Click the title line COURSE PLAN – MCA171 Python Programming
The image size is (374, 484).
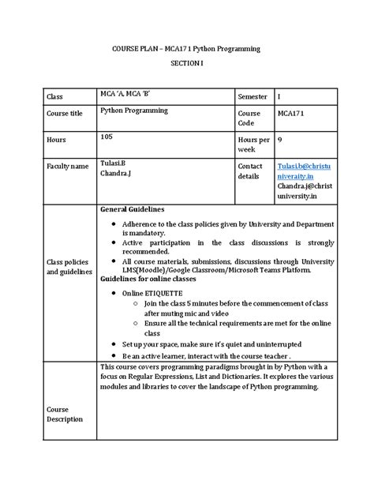click(186, 49)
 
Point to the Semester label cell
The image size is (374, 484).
click(253, 96)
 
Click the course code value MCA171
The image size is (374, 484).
click(292, 114)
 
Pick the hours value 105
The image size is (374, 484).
click(108, 136)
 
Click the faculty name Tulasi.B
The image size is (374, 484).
click(113, 162)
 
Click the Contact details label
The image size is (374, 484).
click(251, 171)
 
